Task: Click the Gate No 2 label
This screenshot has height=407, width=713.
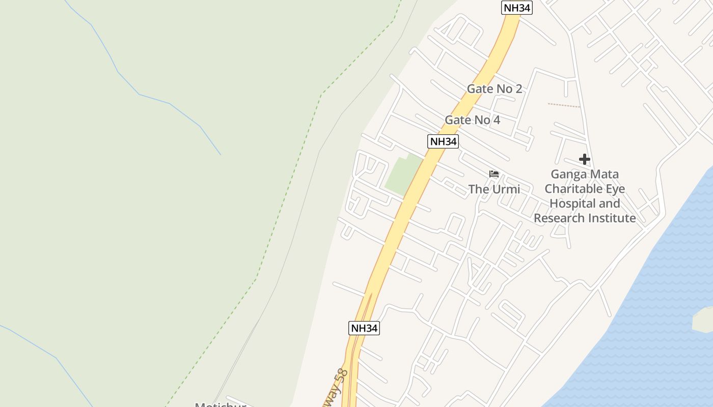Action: point(494,89)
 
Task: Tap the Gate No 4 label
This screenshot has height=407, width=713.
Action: point(472,120)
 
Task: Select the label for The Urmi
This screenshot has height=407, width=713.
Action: point(494,189)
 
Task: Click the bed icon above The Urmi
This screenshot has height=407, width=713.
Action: point(493,174)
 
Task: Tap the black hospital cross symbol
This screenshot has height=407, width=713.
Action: point(584,159)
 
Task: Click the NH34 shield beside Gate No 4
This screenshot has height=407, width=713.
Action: point(443,141)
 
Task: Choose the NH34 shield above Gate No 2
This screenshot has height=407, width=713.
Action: point(516,8)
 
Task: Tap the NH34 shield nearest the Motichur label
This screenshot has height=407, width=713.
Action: point(364,328)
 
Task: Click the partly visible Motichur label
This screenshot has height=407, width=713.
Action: point(221,404)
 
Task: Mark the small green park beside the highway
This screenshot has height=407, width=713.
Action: point(404,175)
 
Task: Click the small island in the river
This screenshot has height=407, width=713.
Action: point(703,318)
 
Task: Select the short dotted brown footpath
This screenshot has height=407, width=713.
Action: point(564,105)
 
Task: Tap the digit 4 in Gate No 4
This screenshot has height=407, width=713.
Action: point(496,120)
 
